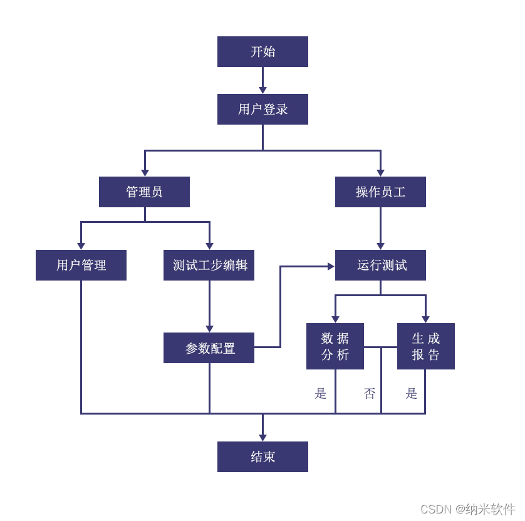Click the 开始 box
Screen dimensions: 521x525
[262, 51]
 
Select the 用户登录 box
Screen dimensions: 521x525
[262, 109]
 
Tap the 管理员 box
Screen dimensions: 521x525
[144, 192]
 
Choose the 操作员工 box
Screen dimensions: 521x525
[380, 192]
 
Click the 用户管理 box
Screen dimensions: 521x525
[81, 265]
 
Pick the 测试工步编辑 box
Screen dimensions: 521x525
[209, 265]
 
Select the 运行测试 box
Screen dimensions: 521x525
[380, 265]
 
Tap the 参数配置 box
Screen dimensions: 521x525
[209, 348]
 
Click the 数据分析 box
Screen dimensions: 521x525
[335, 346]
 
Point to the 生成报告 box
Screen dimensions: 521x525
[426, 346]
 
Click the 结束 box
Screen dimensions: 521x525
[262, 457]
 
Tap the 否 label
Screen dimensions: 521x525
[370, 393]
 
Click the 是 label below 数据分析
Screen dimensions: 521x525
[321, 393]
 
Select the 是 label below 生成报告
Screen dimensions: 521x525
[412, 393]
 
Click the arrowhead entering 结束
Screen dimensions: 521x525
[262, 437]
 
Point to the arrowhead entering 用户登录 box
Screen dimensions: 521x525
[262, 90]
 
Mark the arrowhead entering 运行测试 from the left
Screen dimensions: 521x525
[331, 266]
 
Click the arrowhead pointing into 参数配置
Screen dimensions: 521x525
[209, 329]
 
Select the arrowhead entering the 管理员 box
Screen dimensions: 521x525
[145, 173]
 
